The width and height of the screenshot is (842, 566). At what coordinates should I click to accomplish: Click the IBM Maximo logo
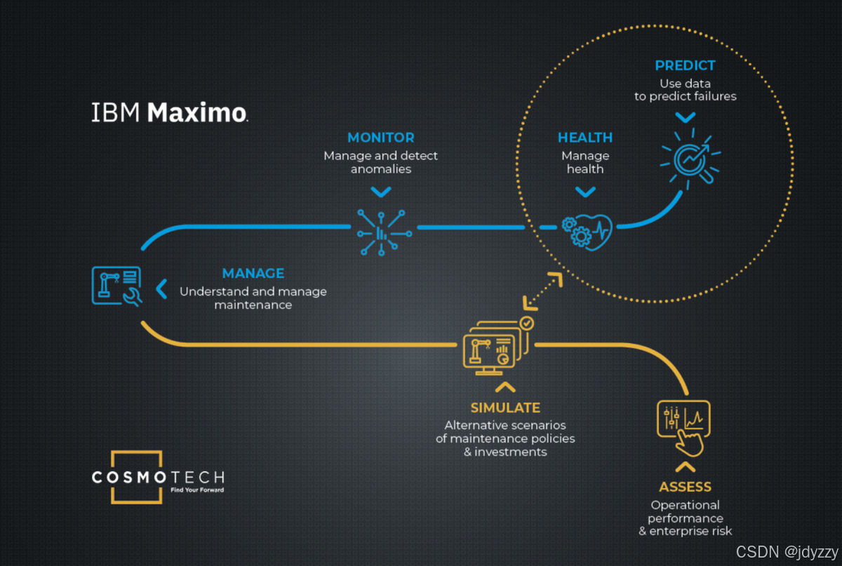169,112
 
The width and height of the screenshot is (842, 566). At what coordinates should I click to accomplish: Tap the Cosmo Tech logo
158,478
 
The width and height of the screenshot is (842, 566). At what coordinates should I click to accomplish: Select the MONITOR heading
380,138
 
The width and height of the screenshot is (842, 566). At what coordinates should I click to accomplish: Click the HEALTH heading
585,138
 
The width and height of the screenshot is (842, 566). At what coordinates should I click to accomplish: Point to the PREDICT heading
685,65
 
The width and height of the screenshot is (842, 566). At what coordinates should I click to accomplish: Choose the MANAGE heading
253,273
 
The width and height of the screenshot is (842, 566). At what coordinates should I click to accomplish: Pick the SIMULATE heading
505,407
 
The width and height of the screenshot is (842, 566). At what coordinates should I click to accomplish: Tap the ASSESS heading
685,487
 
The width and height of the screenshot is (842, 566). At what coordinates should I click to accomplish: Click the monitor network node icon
381,231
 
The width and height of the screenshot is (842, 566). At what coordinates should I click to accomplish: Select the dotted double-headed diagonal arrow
542,291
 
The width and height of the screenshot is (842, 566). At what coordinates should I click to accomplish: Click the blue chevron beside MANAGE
161,289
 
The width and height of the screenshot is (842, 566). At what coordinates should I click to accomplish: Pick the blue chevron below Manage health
584,192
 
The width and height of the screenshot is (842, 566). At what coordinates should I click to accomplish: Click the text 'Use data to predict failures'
685,90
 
